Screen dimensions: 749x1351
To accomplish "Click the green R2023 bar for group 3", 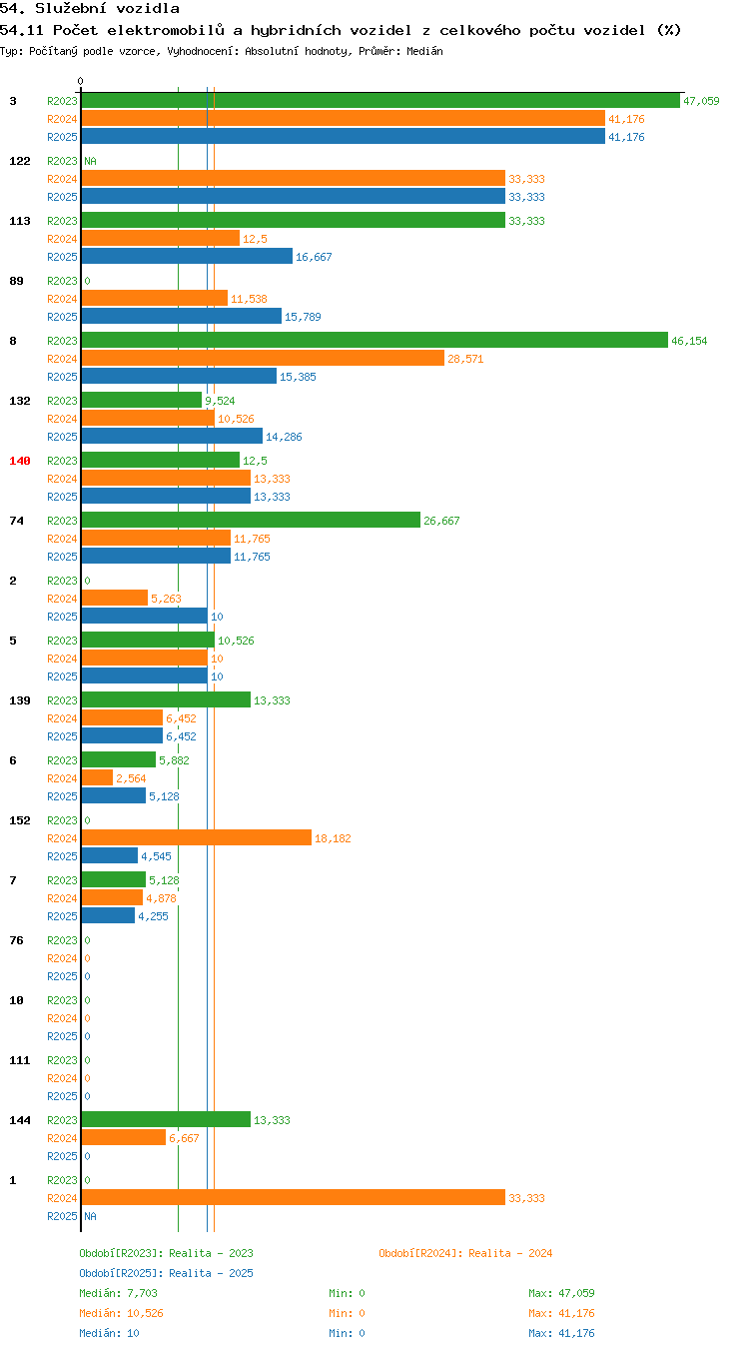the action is [380, 101].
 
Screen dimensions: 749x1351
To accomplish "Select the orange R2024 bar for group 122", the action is [294, 179].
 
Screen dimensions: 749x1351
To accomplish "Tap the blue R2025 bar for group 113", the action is [188, 257].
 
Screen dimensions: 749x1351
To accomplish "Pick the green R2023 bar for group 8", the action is [374, 340].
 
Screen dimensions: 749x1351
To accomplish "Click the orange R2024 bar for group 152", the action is [197, 837].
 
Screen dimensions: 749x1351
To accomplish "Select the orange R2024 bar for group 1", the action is [294, 1197].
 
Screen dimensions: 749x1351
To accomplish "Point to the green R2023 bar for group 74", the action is [251, 520].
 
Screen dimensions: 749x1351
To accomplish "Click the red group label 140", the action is [20, 461].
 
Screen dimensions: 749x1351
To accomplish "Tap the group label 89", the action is [16, 281].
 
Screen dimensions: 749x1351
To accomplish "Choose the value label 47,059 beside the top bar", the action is [701, 101].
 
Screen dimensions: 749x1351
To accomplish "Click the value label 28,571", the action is [465, 359].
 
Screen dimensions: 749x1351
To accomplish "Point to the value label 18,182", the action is [333, 838].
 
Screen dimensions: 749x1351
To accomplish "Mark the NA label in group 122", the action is [91, 161].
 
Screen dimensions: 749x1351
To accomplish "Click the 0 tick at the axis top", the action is [80, 81].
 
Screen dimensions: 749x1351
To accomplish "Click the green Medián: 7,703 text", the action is [118, 1293].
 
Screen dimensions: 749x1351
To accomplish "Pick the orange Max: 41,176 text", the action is [561, 1313].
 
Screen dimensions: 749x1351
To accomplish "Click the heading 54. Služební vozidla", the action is [90, 8].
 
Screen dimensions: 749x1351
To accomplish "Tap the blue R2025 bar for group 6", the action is [114, 796].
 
